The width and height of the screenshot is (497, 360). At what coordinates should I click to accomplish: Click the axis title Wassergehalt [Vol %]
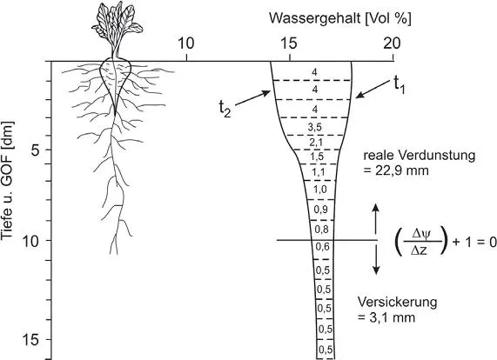click(340, 18)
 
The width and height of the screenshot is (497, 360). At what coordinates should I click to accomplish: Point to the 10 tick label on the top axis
click(185, 43)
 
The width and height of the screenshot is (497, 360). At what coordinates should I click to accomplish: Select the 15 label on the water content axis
click(289, 43)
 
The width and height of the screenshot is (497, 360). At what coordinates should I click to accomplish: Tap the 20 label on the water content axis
click(392, 43)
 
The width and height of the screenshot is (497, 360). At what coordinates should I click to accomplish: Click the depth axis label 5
click(35, 150)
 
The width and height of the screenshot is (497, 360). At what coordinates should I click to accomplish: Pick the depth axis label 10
click(31, 241)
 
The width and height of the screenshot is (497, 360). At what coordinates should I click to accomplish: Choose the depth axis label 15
click(31, 340)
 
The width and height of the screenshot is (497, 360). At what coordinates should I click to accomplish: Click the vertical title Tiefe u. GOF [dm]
click(8, 181)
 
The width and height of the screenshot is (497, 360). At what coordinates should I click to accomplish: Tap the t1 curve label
click(400, 85)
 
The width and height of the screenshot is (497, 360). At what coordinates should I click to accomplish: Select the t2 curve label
click(225, 109)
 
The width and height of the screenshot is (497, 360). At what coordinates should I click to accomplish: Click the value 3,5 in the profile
click(315, 127)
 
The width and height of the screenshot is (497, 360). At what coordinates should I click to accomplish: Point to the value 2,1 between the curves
click(316, 143)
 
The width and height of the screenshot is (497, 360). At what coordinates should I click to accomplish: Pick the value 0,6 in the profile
click(322, 247)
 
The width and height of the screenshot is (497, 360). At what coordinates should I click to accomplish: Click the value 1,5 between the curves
click(317, 157)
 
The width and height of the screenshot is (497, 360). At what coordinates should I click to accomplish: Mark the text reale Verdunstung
click(420, 156)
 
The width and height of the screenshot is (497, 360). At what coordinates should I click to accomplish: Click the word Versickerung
click(398, 302)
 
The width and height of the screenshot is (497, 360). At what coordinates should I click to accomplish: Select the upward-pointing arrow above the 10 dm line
click(376, 219)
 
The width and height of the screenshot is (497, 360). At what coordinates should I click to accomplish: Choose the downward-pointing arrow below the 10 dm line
click(376, 259)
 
